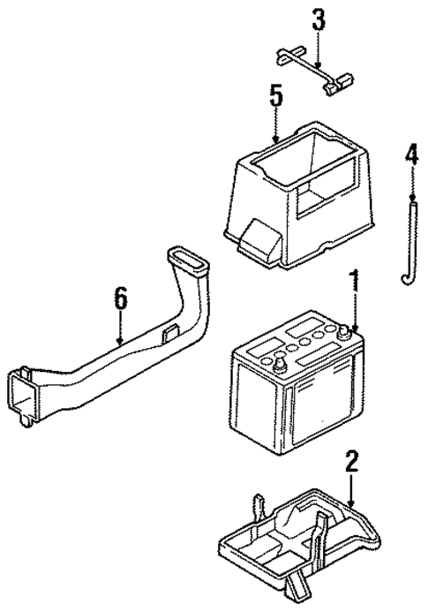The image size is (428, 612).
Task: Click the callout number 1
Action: coord(354,283)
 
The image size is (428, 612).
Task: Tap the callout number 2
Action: coord(351,460)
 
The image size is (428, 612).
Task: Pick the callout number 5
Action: coord(276,96)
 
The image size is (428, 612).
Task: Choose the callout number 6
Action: coord(120,300)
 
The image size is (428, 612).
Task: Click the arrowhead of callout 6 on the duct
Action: coord(120,341)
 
